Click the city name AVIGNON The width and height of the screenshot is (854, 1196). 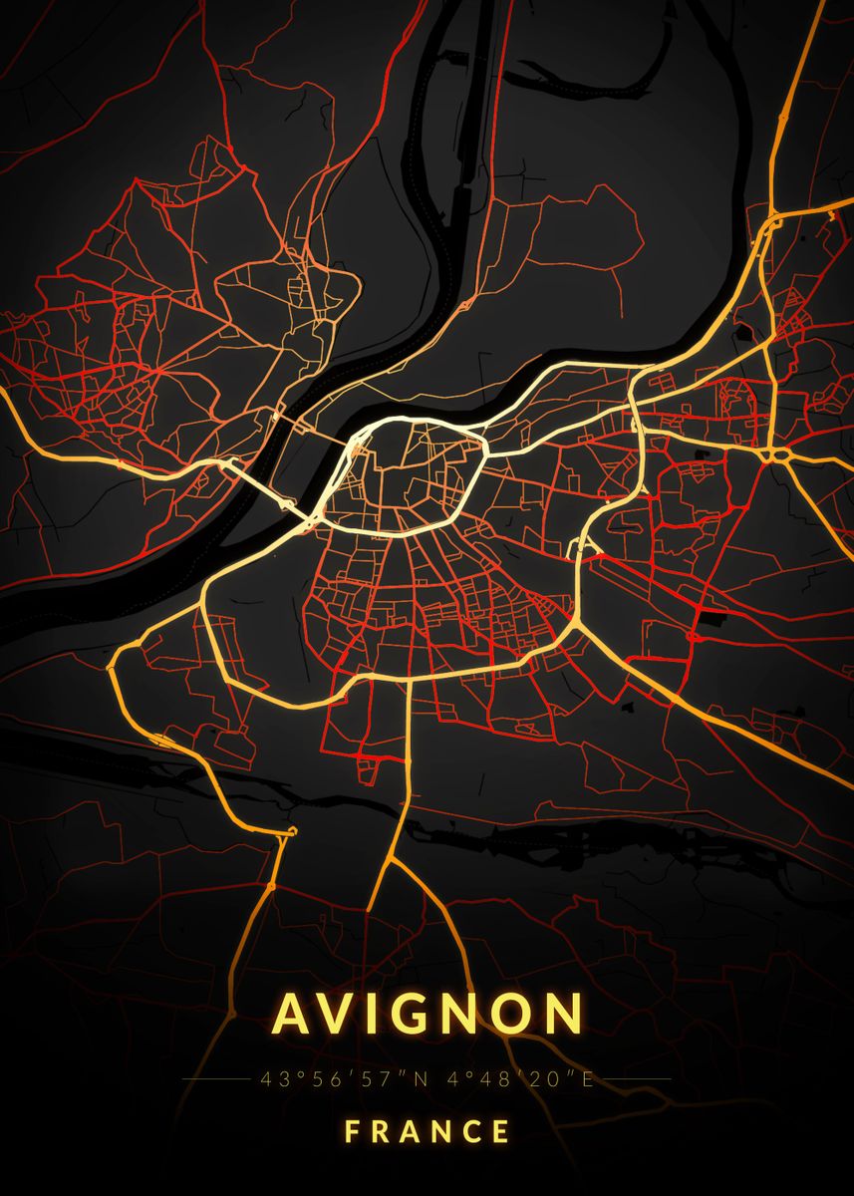click(427, 1014)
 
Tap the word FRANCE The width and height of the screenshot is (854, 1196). click(427, 1132)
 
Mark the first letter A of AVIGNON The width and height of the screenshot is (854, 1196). click(294, 1014)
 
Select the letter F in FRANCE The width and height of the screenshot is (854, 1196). click(352, 1132)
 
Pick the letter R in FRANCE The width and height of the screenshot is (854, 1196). click(381, 1132)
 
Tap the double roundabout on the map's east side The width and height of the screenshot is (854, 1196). click(773, 454)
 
